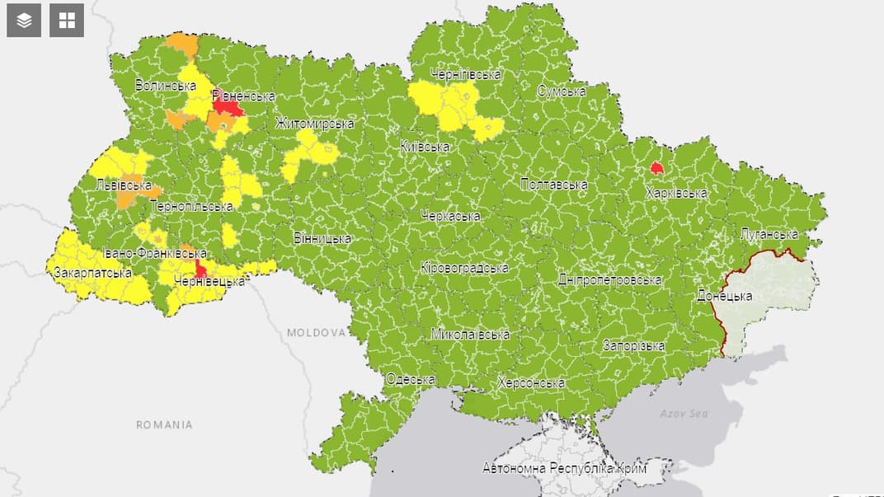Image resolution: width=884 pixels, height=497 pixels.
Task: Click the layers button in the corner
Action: pyautogui.click(x=24, y=21)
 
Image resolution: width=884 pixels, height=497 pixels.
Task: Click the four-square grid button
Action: pyautogui.click(x=67, y=21)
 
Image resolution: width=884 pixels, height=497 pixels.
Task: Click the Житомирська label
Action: pyautogui.click(x=314, y=124)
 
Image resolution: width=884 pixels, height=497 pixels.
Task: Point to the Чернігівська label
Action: pyautogui.click(x=465, y=74)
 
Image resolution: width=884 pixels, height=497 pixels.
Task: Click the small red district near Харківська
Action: pyautogui.click(x=656, y=168)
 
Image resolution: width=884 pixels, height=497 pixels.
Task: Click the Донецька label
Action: pyautogui.click(x=724, y=294)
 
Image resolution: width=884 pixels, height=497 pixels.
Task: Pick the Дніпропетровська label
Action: pyautogui.click(x=609, y=280)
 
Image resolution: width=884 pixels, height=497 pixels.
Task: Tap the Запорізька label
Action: pyautogui.click(x=633, y=345)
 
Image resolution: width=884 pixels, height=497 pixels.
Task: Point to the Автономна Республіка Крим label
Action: pyautogui.click(x=564, y=468)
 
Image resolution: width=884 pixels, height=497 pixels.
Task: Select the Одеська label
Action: pyautogui.click(x=411, y=379)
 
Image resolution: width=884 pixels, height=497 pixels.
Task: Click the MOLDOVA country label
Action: pyautogui.click(x=316, y=333)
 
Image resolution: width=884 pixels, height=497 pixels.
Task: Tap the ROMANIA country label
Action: pyautogui.click(x=165, y=424)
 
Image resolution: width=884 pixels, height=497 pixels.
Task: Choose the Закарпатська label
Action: pyautogui.click(x=92, y=272)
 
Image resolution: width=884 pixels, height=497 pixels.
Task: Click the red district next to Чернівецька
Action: pyautogui.click(x=200, y=270)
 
